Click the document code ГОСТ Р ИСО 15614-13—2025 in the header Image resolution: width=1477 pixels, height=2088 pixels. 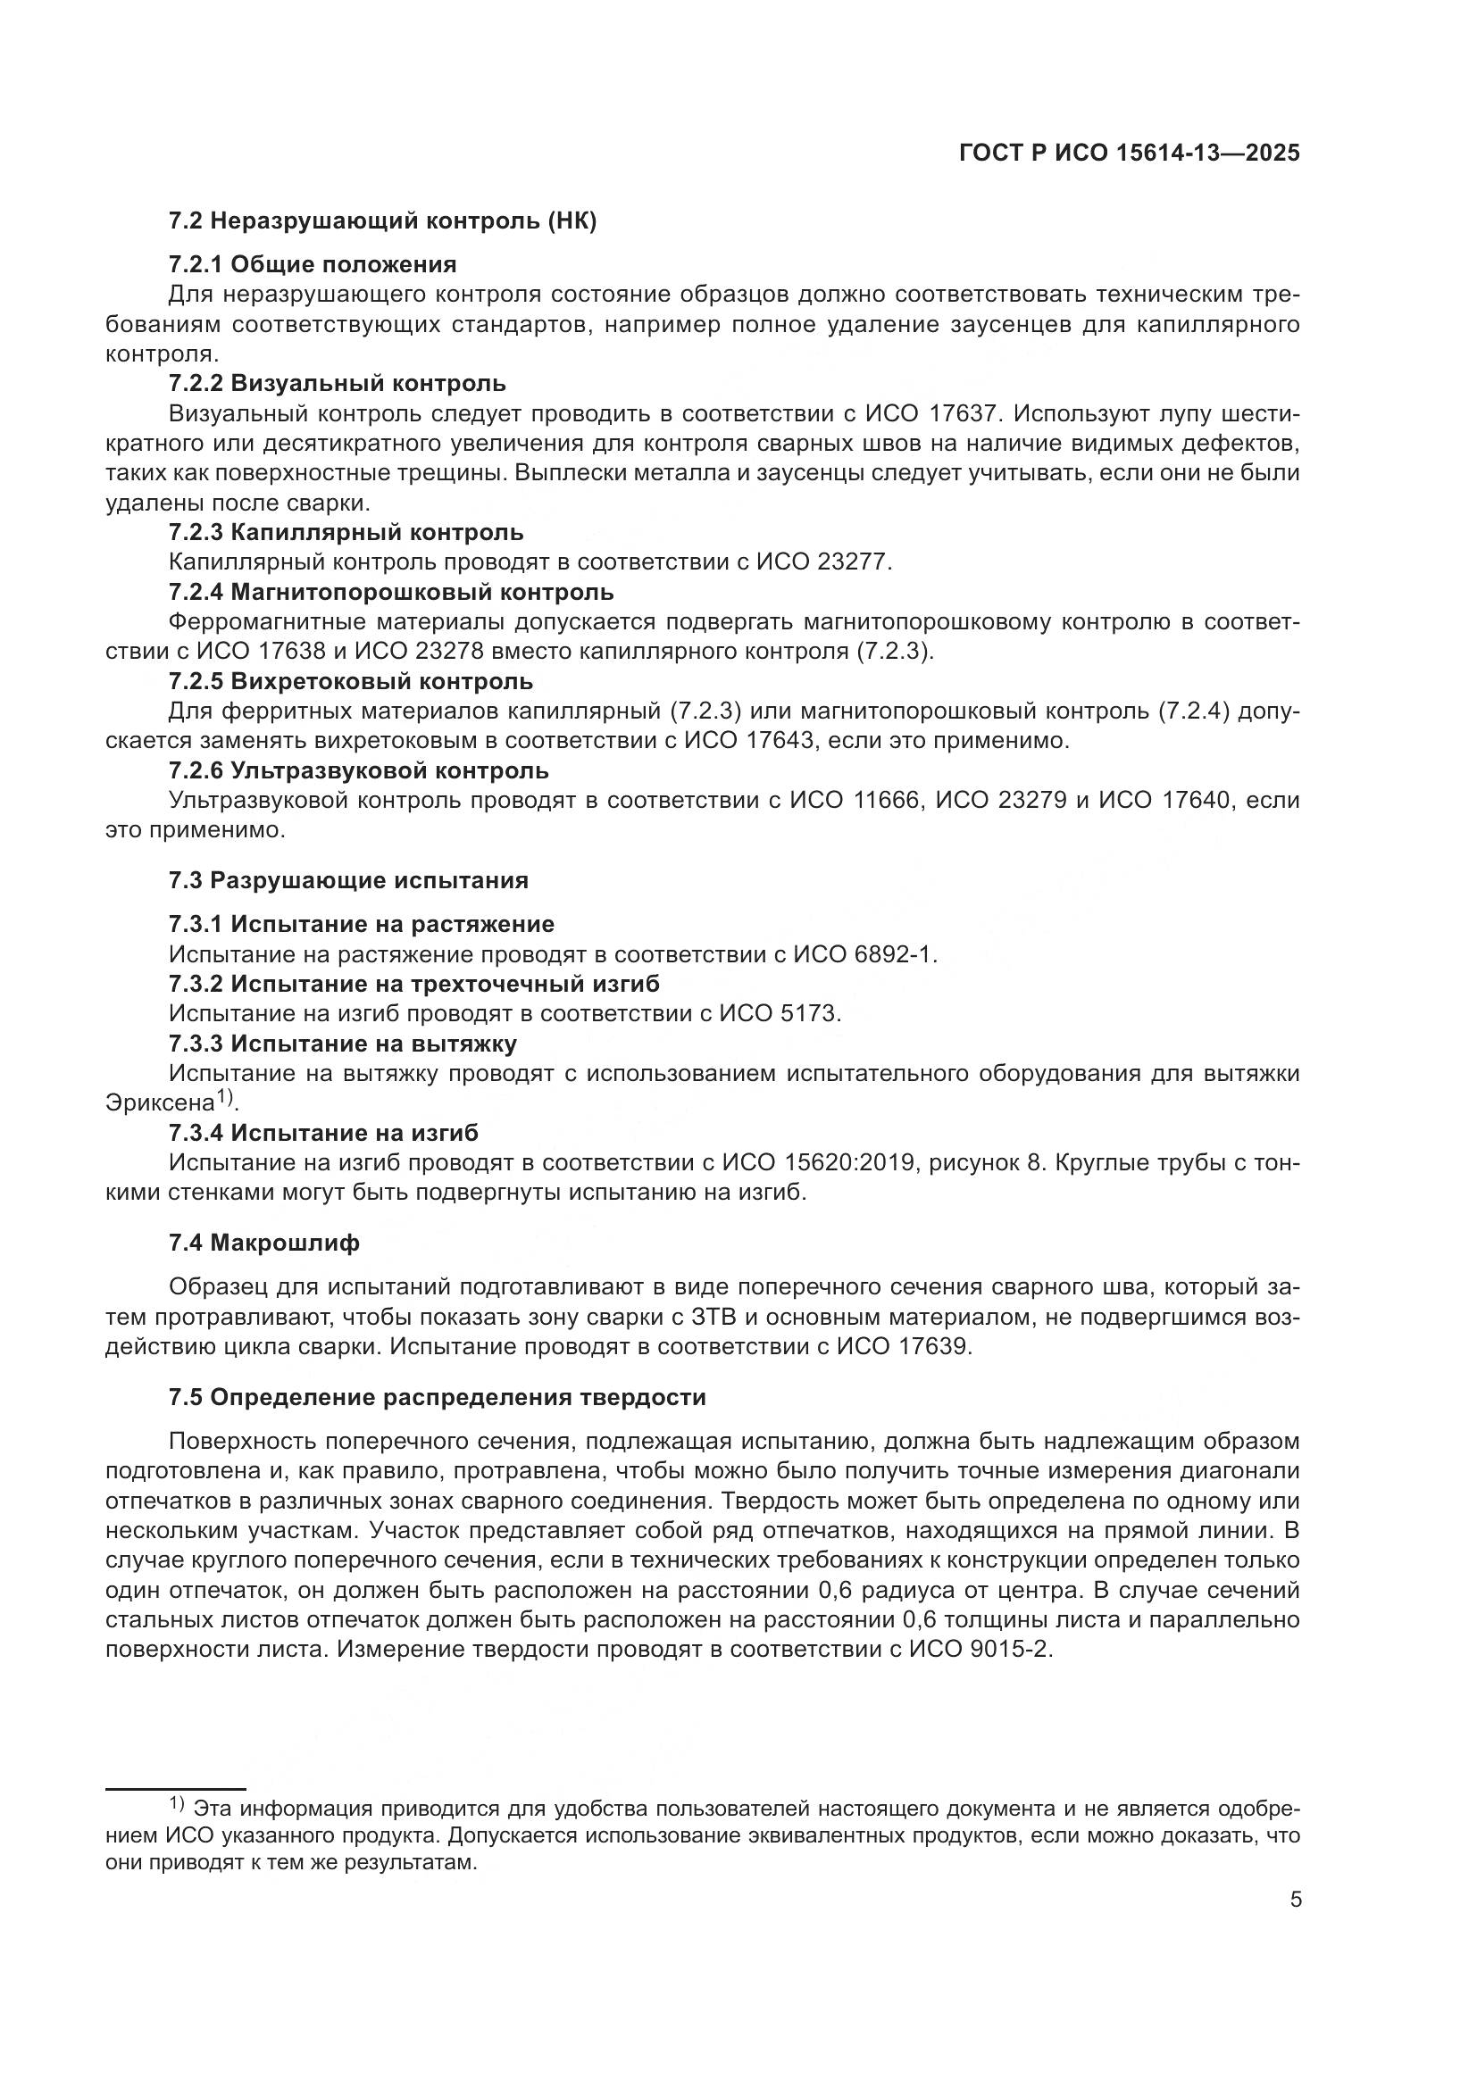(x=1129, y=154)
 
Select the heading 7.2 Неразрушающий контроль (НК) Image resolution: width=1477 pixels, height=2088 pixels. (x=382, y=221)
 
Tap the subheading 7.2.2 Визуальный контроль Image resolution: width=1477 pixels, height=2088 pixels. (x=338, y=383)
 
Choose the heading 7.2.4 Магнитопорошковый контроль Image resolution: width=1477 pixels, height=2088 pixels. (x=391, y=593)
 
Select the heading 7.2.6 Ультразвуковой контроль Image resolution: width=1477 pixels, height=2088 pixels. (x=358, y=771)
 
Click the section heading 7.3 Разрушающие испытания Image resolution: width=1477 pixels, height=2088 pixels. (x=348, y=880)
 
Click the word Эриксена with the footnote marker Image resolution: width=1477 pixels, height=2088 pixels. (x=160, y=1103)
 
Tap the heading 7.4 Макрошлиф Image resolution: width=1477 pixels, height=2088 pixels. (x=263, y=1244)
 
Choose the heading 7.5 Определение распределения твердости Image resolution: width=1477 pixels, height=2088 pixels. (x=437, y=1398)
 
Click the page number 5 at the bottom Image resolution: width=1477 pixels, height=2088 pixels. (x=1295, y=1901)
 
